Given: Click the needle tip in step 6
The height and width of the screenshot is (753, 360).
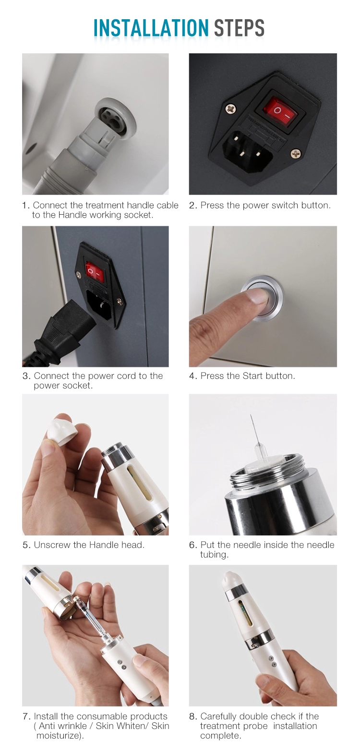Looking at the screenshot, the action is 251,415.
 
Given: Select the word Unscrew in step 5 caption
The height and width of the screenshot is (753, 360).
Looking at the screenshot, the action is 52,545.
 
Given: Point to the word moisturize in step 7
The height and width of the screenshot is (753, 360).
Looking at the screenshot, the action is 58,735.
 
